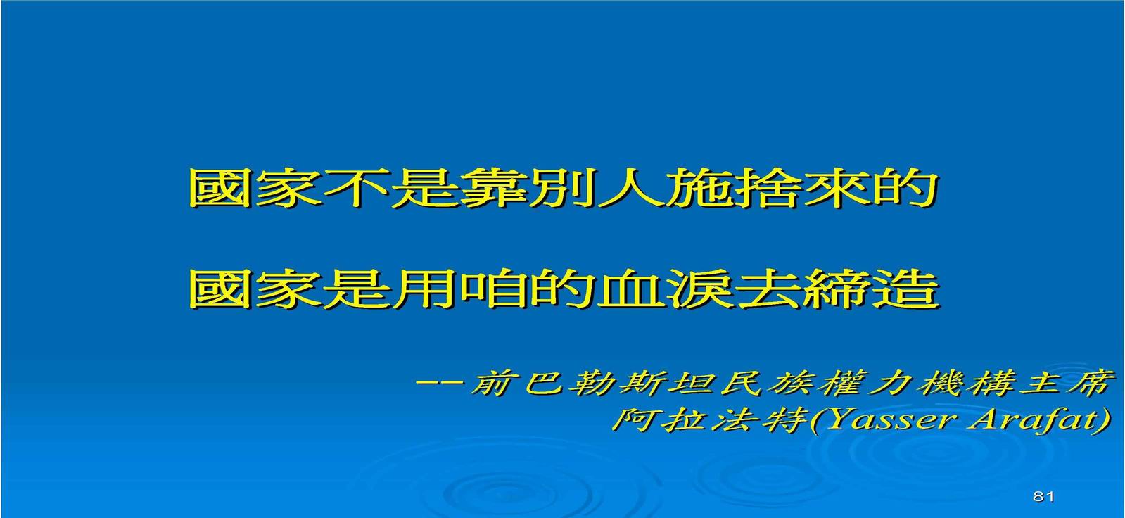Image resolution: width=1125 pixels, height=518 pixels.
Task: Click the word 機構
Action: coord(961,384)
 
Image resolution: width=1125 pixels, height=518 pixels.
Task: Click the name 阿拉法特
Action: coord(710,420)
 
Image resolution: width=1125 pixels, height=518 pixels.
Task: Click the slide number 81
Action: coord(1043,496)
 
